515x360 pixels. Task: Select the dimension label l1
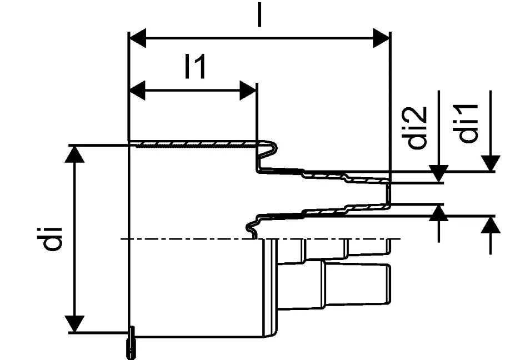coord(196,67)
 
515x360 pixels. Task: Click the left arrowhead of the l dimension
coord(137,38)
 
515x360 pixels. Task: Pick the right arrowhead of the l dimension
coord(381,38)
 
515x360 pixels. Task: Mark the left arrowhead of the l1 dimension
coord(137,91)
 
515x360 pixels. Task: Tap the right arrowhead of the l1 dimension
coord(248,91)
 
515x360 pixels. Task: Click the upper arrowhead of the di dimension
coord(74,154)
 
